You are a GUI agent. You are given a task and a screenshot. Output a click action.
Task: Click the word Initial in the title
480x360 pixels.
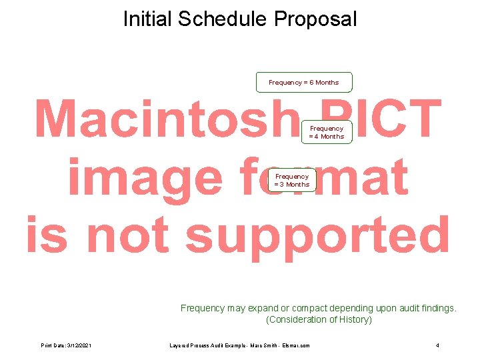coord(147,19)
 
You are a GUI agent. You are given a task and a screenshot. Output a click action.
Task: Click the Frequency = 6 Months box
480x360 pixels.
coord(304,82)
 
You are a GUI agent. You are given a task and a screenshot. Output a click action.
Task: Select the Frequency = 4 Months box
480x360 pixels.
coord(327,132)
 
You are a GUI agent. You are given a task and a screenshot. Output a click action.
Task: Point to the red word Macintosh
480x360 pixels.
coord(164,120)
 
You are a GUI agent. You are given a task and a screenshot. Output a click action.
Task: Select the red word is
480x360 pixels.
coord(47,235)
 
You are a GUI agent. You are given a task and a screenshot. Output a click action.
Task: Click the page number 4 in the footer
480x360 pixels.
coord(437,345)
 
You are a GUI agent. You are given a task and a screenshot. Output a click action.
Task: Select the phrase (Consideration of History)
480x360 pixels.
coord(319,319)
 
